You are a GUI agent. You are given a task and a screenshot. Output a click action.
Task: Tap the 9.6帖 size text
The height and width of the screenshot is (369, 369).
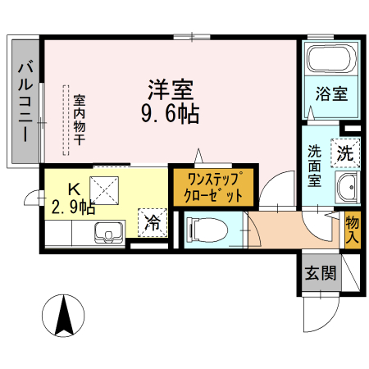(170, 113)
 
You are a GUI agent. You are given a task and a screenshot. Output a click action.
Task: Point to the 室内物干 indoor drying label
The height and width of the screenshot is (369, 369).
(80, 120)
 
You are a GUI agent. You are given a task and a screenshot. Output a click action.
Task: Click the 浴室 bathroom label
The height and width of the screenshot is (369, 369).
(331, 93)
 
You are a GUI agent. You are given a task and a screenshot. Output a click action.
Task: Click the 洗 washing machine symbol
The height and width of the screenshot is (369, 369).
(345, 151)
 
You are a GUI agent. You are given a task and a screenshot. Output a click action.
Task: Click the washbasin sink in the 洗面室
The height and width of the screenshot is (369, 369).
(348, 188)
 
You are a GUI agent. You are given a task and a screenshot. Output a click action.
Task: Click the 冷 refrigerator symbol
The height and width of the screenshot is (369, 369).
(152, 221)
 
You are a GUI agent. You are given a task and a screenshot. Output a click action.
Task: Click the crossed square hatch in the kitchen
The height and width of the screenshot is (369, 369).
(106, 189)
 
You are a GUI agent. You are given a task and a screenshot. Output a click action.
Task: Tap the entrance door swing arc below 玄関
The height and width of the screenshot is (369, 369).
(322, 315)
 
